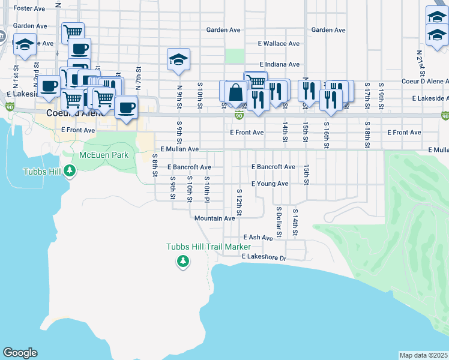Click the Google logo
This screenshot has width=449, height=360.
coord(20,353)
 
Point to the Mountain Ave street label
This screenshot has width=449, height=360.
coord(214,218)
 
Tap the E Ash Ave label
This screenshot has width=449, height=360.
coord(258,238)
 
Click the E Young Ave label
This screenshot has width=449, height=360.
coord(270,184)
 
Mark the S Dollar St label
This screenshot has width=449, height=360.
coord(279,221)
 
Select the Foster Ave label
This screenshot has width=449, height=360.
coord(29,8)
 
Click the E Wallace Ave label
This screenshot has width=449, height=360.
coord(279,44)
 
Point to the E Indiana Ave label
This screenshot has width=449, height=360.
coord(279,64)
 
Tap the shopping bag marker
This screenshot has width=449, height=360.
coord(236,92)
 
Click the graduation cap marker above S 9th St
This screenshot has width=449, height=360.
coord(178,60)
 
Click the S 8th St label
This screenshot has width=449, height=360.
coord(154,165)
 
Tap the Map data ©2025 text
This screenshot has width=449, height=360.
coord(424,355)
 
